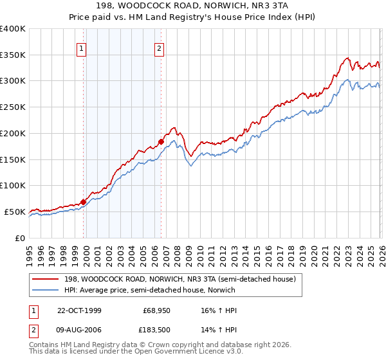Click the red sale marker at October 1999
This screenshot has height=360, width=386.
pyautogui.click(x=84, y=201)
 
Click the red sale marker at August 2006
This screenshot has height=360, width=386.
pyautogui.click(x=161, y=141)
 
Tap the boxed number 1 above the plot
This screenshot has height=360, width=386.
pyautogui.click(x=82, y=47)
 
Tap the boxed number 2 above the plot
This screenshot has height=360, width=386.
pyautogui.click(x=159, y=47)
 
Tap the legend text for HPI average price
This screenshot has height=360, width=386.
pyautogui.click(x=150, y=291)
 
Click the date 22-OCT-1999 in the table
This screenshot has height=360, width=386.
pyautogui.click(x=79, y=310)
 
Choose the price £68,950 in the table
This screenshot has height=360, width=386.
pyautogui.click(x=156, y=310)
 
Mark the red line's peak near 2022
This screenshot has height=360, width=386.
pyautogui.click(x=347, y=58)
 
